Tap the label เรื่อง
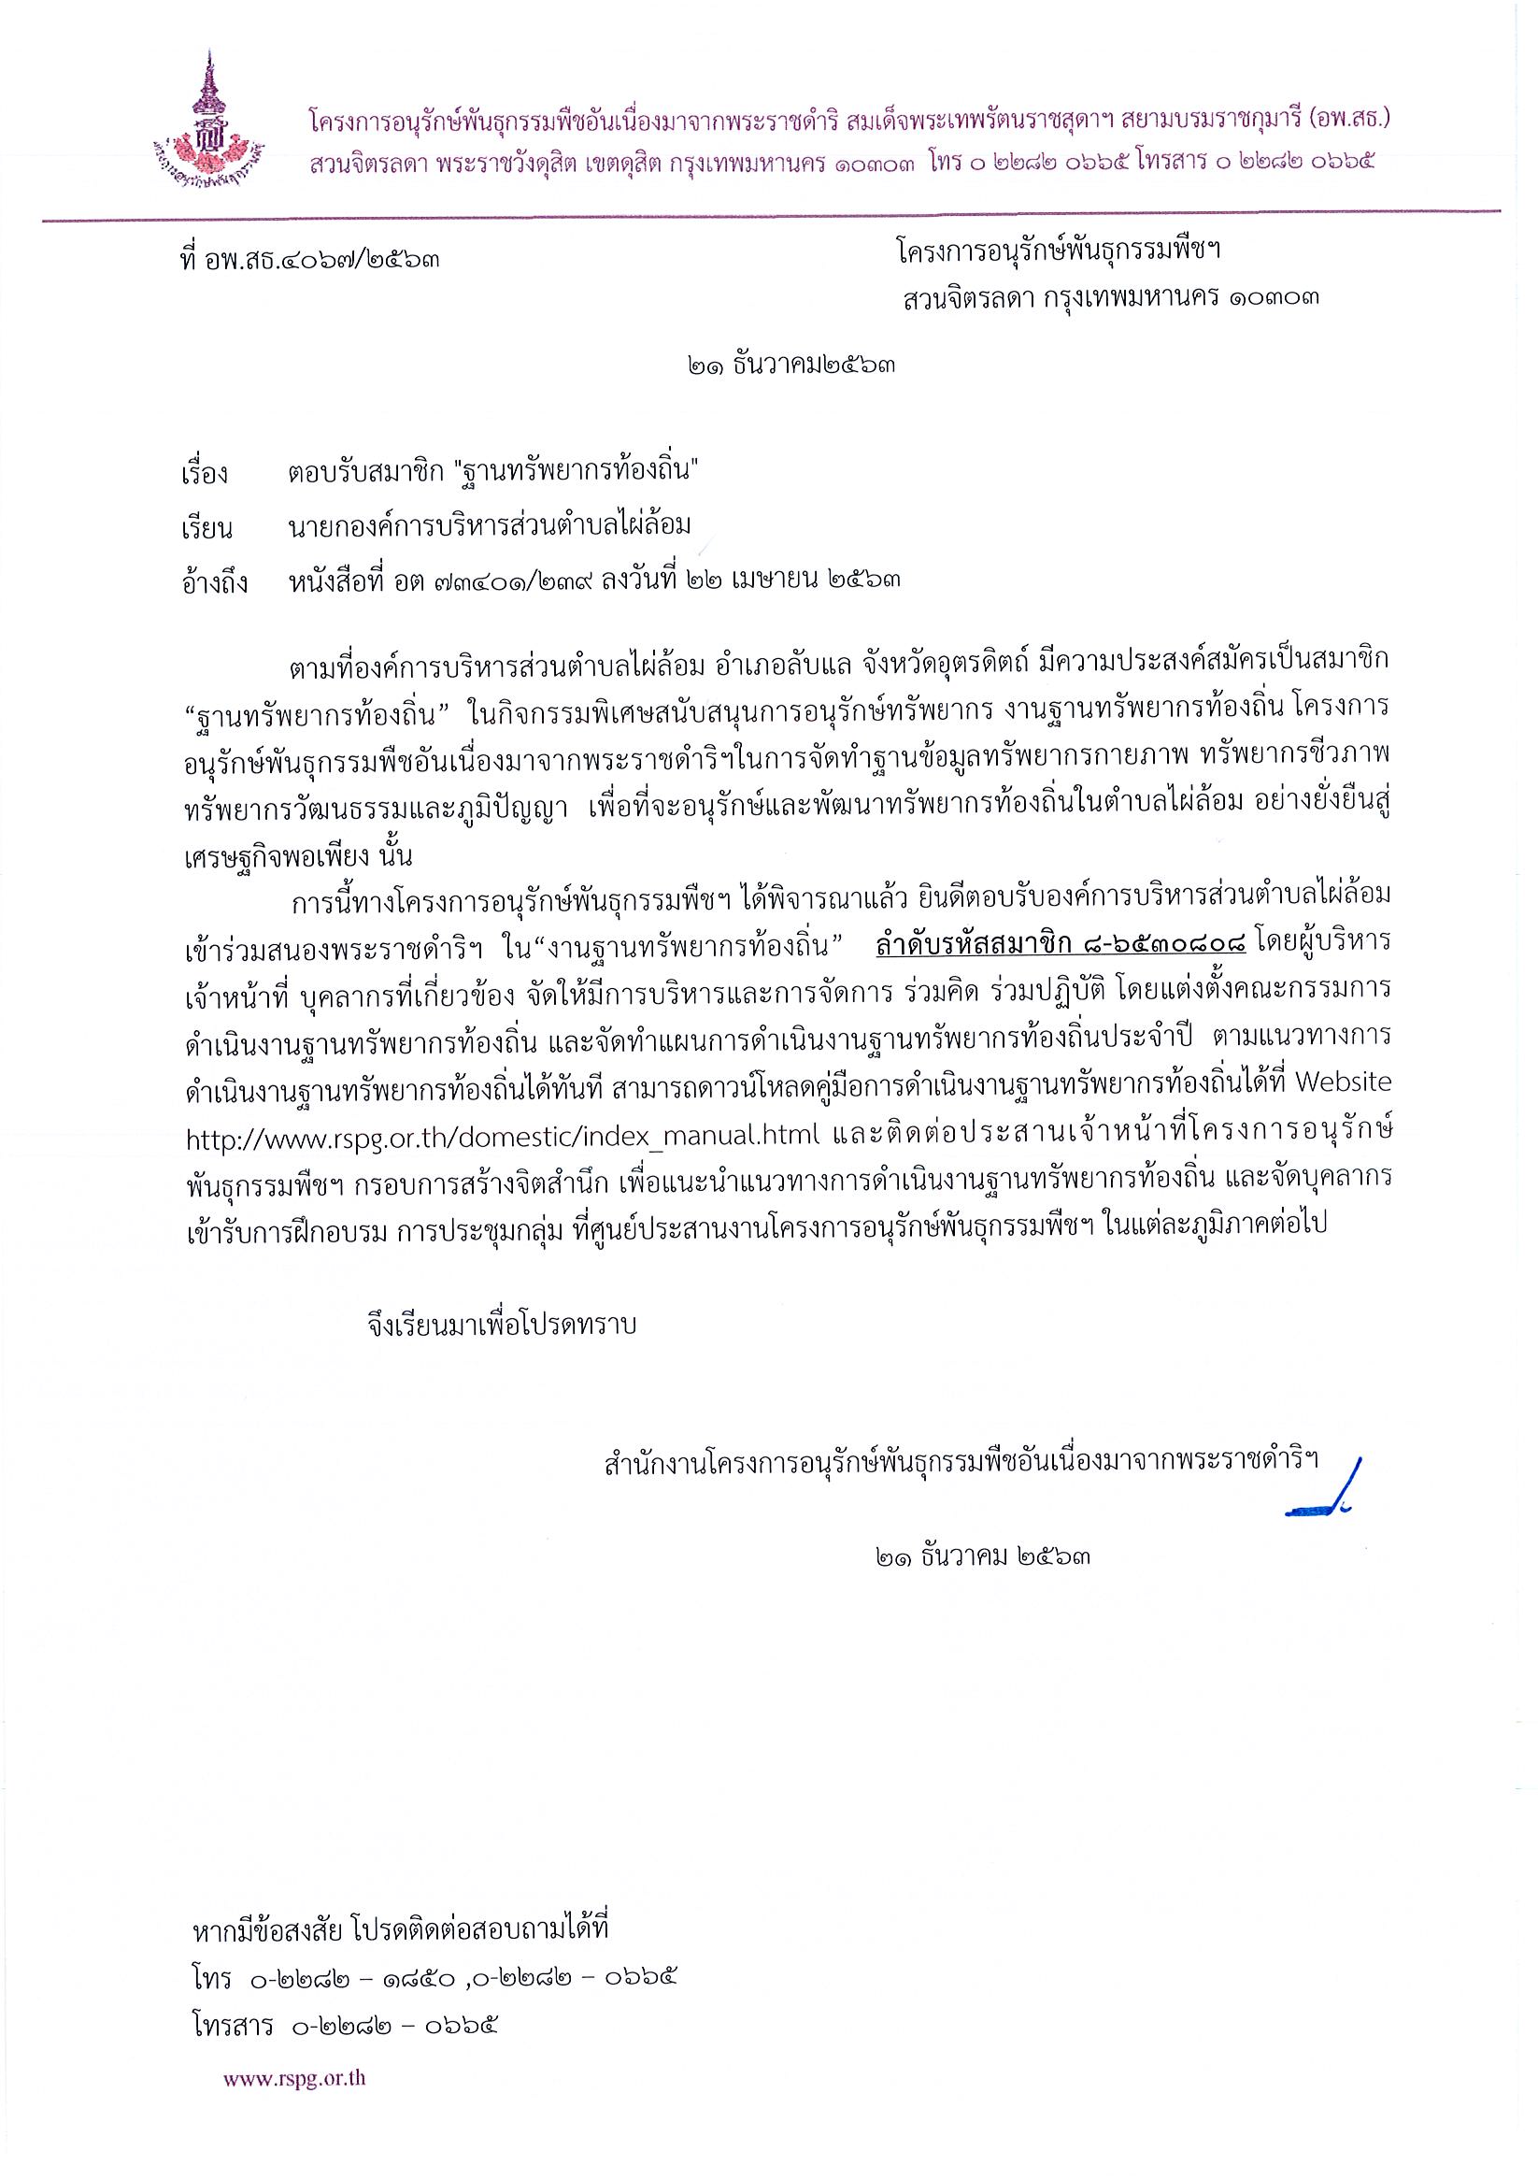[x=204, y=473]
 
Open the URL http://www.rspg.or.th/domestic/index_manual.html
[x=505, y=1136]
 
